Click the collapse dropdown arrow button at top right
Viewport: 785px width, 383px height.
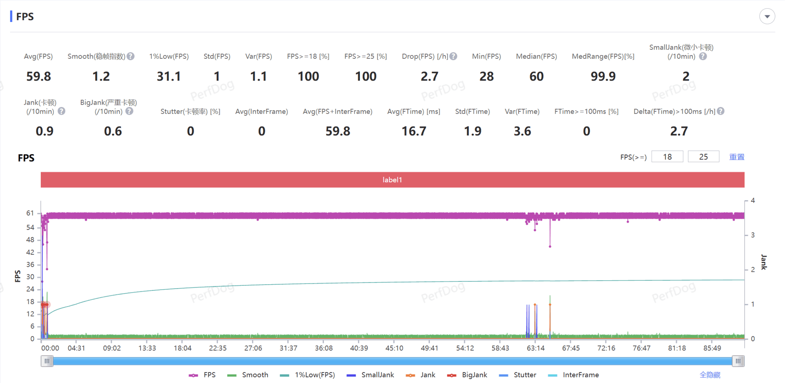coord(767,16)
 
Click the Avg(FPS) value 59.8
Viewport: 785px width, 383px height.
coord(38,76)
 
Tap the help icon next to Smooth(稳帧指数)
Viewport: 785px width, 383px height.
coord(131,56)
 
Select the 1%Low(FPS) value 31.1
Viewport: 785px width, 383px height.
coord(169,76)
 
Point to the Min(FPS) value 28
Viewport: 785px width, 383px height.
coord(486,76)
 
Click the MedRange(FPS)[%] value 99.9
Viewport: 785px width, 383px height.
coord(603,76)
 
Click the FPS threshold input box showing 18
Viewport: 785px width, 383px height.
coord(667,157)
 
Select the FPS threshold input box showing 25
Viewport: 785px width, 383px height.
coord(703,157)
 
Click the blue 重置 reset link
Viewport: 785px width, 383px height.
coord(737,157)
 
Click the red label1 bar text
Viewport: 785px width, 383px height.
coord(392,180)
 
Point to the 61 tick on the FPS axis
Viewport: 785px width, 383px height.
coord(30,213)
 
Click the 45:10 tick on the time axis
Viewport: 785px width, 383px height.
coord(394,348)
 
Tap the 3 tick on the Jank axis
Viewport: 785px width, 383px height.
coord(753,235)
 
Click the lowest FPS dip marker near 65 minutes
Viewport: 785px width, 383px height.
coord(550,247)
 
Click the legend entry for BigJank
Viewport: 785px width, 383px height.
coord(467,375)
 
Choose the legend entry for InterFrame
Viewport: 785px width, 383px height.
coord(573,375)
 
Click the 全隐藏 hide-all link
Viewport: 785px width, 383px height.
coord(710,375)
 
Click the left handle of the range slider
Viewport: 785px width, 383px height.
coord(47,361)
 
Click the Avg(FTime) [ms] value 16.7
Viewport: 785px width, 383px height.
coord(414,131)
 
